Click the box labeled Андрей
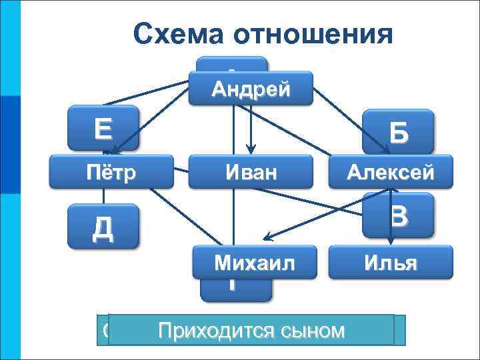click(251, 89)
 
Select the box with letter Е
click(104, 127)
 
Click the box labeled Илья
click(390, 262)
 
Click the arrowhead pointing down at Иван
click(251, 148)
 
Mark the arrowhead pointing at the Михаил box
click(266, 236)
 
